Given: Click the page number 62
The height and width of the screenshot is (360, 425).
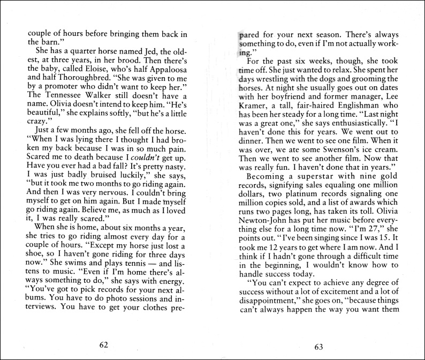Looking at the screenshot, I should tap(103, 345).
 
